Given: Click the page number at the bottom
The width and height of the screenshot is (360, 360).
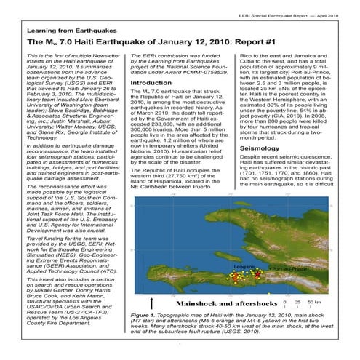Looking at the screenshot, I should (179, 351).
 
